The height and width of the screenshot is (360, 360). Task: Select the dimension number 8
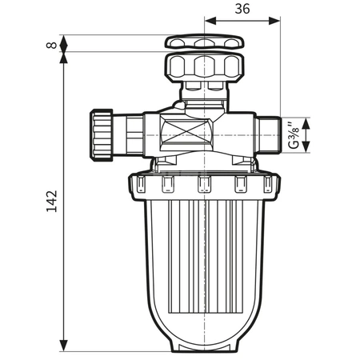click(x=53, y=45)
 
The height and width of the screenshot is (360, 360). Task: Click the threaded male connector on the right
click(x=269, y=134)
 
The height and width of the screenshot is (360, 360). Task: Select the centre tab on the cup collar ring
click(x=203, y=186)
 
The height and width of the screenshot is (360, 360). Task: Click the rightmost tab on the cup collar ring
click(x=270, y=186)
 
